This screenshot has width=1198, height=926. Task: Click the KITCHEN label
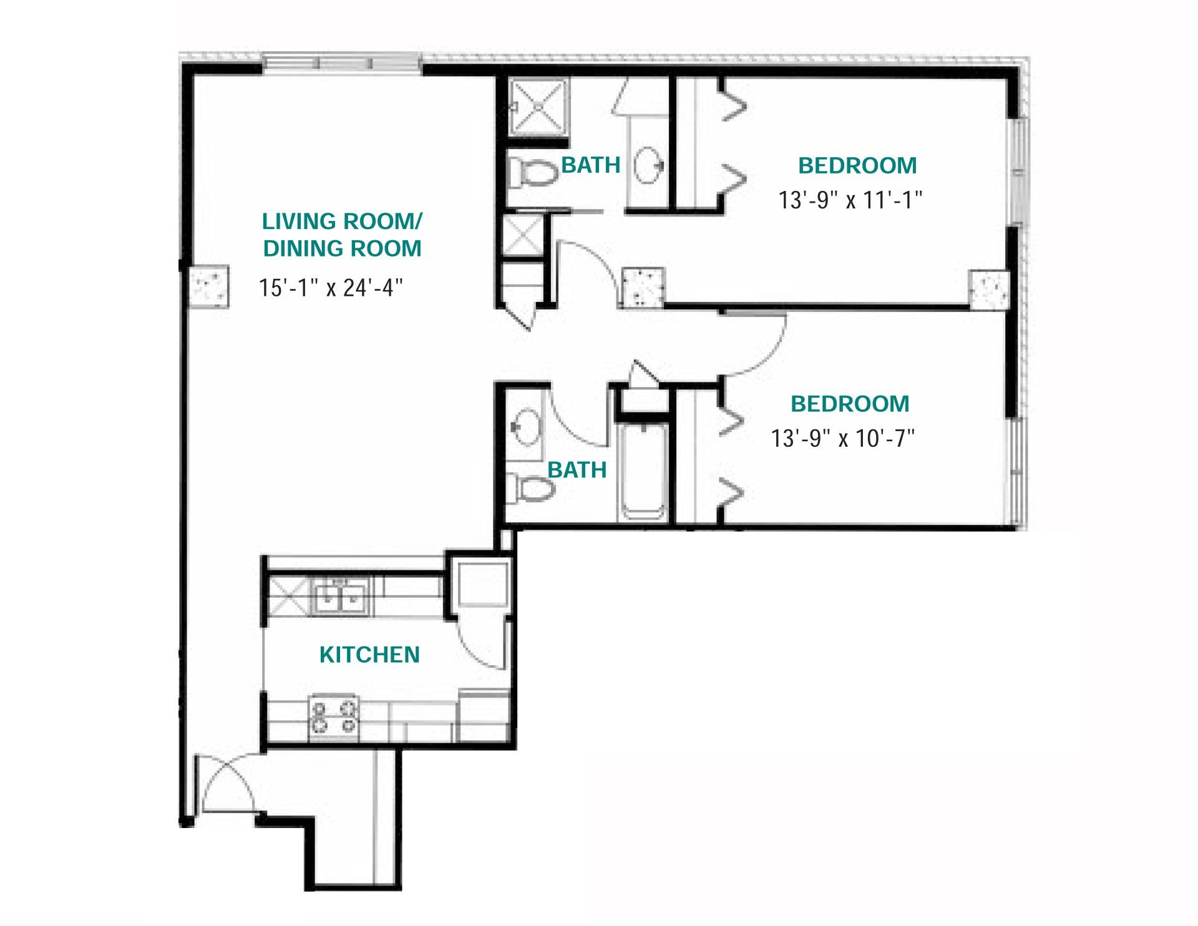coord(369,655)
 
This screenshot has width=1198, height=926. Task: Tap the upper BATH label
coord(591,165)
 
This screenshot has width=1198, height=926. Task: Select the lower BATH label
coord(577,470)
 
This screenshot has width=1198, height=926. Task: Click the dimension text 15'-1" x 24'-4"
coord(331,288)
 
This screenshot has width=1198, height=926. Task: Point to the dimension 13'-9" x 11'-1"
coord(850,200)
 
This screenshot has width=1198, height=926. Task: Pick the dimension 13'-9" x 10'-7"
coord(843,438)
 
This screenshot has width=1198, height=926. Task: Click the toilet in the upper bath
coord(533,172)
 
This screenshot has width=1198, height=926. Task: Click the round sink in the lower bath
coord(527,427)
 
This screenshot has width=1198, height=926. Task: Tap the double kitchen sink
coord(339,597)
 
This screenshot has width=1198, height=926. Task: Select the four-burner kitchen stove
coord(334,717)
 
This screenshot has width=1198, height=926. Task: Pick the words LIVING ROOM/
coord(342,221)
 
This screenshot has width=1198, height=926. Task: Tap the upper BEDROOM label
coord(858,165)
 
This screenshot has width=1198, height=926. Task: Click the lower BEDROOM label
coord(850,404)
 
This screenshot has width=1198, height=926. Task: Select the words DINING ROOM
coord(342,248)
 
